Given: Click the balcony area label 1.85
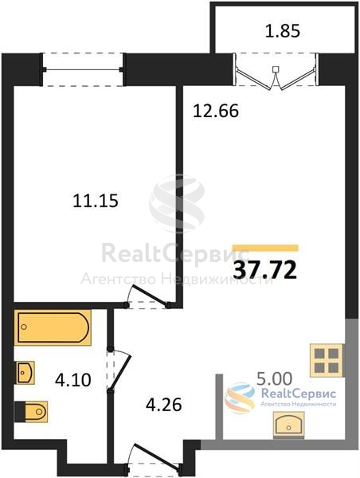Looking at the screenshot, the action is point(283,31).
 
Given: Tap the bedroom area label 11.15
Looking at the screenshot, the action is point(96,202).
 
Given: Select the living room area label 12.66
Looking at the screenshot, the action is point(216,111).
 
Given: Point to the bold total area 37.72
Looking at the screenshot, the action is point(265,270).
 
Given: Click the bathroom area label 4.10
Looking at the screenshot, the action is point(73,380).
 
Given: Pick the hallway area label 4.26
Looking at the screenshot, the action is point(164,405).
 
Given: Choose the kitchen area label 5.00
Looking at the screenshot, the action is point(274,379).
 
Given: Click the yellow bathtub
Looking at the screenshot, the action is point(53,327).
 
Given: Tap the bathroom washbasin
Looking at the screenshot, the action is point(25,373).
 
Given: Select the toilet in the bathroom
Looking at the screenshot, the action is point(31,412).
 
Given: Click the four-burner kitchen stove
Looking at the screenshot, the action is point(327,361).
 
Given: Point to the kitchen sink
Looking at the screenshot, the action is point(288,425).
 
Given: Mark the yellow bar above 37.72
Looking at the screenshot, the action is point(265,248).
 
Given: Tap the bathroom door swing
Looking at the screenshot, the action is point(119,370).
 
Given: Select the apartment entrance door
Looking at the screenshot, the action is point(155,456).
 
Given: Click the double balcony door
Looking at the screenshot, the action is point(276,72).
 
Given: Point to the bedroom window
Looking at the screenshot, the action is point(83,69).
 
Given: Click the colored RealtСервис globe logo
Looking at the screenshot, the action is point(240,398).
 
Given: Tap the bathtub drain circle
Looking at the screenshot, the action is point(24,327).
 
